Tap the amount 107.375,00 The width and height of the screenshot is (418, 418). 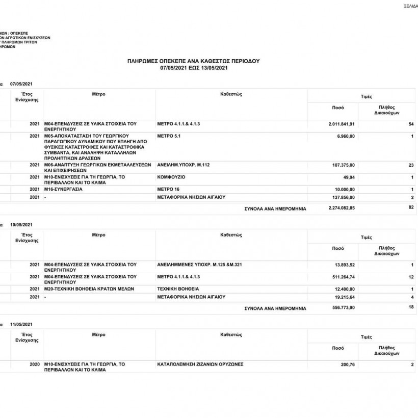[x=343, y=165]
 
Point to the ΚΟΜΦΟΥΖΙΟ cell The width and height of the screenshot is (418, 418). [x=171, y=177]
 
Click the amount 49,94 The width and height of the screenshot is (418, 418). [x=349, y=177]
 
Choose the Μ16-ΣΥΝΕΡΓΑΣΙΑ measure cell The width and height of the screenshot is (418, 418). [x=63, y=189]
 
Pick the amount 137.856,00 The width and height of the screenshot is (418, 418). [x=343, y=197]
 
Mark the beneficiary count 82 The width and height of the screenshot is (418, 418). [x=410, y=207]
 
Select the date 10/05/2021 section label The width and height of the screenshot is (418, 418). [x=21, y=225]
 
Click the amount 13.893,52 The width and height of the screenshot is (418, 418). [x=345, y=265]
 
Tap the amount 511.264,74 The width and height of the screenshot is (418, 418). [x=343, y=277]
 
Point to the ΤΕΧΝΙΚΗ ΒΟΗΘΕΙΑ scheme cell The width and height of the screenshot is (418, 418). [x=178, y=289]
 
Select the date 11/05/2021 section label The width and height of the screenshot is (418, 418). [x=21, y=325]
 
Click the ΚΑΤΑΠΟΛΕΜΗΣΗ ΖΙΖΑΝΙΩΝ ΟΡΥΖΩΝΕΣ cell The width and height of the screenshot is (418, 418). [x=200, y=364]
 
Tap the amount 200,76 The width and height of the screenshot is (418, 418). [x=347, y=365]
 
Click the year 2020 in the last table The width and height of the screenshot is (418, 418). [x=35, y=364]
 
